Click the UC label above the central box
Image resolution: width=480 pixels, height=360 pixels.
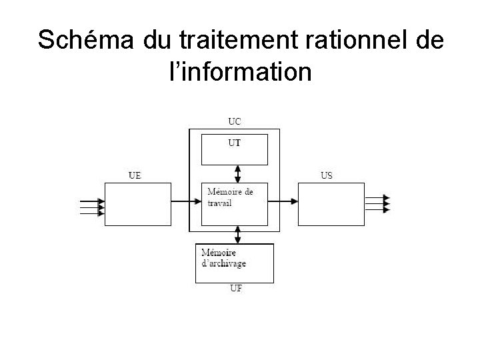(x=235, y=121)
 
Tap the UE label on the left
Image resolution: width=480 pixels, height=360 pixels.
(x=135, y=176)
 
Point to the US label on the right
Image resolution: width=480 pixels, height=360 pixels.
(x=327, y=176)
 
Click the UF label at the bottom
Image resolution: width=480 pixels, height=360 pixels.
(x=235, y=289)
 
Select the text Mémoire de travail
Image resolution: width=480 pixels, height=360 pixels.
(x=230, y=197)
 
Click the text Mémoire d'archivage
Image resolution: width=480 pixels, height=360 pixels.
(x=224, y=258)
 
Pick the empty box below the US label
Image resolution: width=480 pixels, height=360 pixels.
(x=331, y=203)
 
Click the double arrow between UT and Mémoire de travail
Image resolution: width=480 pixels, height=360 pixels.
(x=238, y=173)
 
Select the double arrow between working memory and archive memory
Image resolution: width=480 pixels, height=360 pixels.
(x=238, y=235)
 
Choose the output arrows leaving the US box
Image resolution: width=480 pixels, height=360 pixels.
(x=377, y=203)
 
